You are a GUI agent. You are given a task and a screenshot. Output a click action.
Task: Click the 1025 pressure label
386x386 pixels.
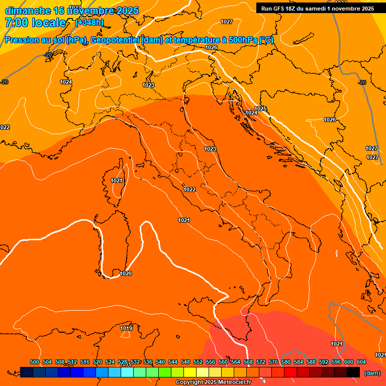260,109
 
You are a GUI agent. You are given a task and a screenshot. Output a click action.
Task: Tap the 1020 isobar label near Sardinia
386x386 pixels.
126,273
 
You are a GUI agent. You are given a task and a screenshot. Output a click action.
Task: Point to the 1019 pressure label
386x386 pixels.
126,328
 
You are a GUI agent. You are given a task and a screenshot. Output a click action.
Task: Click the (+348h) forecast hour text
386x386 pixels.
89,22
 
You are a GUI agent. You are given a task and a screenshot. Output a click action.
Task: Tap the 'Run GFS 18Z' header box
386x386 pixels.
317,9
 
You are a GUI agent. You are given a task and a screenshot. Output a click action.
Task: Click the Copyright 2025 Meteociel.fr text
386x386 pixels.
213,382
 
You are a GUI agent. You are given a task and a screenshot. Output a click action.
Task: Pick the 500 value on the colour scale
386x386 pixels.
35,362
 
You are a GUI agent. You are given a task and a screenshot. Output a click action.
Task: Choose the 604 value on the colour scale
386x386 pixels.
361,362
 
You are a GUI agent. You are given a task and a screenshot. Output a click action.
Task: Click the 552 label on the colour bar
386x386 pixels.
198,362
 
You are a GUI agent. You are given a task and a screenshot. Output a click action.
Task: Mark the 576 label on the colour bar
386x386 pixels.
273,362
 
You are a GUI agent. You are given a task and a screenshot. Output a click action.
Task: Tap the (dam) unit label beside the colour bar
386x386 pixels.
372,373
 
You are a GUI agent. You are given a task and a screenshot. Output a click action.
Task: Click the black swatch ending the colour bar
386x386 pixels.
353,372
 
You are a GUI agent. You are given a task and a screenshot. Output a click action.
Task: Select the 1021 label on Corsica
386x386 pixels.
117,180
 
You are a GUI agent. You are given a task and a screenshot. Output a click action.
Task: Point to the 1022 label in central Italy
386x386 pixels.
189,189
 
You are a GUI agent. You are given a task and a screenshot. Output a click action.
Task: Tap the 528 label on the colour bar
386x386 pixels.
123,362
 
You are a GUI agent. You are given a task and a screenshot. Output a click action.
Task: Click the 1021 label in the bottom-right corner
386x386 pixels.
337,344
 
